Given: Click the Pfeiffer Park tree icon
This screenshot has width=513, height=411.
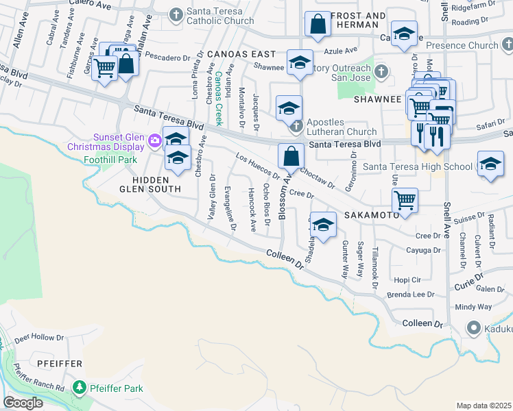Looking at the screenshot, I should coord(80,388).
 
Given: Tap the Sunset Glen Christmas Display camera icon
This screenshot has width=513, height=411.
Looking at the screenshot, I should coord(155,141).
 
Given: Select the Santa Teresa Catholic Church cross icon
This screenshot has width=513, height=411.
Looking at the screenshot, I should coord(176,14).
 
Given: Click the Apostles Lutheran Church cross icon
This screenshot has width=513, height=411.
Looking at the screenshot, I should coord(296,126).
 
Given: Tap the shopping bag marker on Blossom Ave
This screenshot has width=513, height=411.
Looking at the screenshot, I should coord(291,156).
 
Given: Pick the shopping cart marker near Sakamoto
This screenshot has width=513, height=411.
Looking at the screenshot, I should coord(405,201).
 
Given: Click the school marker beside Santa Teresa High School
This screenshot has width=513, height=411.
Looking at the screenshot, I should coord(490,164).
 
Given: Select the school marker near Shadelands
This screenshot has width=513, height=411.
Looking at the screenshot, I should coord(323,225).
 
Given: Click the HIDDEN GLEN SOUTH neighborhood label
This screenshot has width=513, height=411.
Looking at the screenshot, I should coord(147,184).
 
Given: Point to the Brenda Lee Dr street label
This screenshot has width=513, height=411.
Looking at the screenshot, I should coord(411,295).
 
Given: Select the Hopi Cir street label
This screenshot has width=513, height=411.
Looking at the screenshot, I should coord(407,280).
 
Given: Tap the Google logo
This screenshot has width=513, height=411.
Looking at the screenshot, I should coord(23,403).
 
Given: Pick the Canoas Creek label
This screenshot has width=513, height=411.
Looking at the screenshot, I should coord(219,98).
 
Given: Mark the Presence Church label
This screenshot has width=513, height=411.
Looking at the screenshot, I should coord(462,46).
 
